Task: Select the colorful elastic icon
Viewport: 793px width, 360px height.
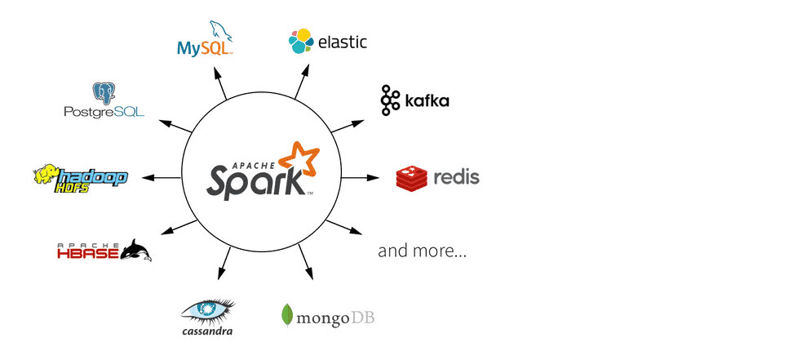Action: [301, 41]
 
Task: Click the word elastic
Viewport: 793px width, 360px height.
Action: [343, 41]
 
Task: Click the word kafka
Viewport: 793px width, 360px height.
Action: [428, 101]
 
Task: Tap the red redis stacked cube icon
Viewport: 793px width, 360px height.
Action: [412, 177]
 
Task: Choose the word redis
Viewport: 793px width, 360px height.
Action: [456, 176]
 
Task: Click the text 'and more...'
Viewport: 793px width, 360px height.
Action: [422, 251]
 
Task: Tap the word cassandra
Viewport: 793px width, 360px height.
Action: [207, 331]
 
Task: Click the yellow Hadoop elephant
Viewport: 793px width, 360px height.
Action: [47, 174]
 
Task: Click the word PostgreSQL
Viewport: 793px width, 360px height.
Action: [104, 111]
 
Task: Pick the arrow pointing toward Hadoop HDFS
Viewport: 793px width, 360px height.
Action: [161, 177]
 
